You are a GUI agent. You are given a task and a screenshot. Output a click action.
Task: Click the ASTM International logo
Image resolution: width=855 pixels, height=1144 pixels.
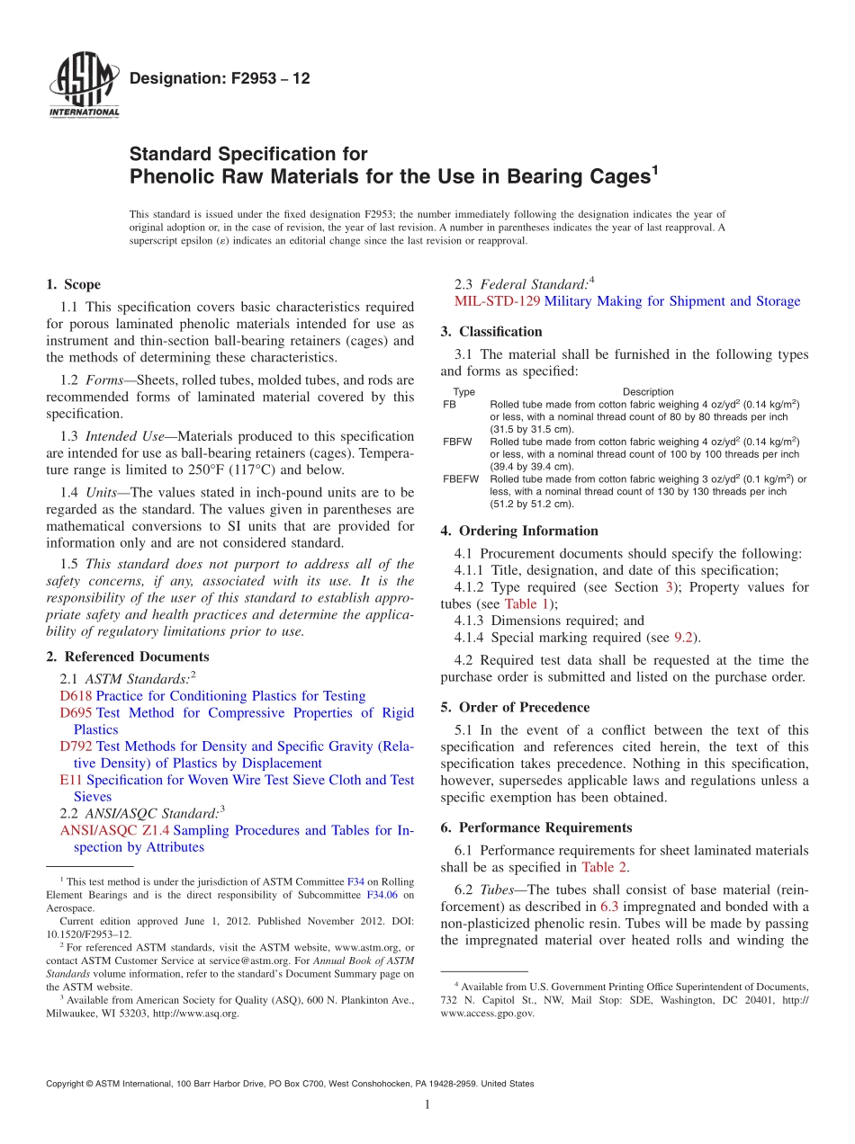[x=83, y=86]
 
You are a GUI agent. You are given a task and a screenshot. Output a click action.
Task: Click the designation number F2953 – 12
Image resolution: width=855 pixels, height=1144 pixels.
[x=220, y=79]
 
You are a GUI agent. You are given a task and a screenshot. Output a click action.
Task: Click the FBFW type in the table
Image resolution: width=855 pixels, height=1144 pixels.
[x=457, y=442]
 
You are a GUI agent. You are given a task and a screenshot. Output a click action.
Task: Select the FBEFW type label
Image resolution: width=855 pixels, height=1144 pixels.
[x=461, y=479]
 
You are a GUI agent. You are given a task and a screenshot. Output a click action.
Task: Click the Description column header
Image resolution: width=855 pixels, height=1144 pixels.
[x=648, y=392]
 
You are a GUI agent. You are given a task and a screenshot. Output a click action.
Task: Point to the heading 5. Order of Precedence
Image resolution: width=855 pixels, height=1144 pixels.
[x=515, y=707]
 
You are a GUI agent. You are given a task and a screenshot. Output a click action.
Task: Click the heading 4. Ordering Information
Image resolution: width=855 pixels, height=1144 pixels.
[x=519, y=531]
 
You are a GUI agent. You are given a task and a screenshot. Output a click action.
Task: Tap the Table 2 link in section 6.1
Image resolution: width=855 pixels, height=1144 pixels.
[x=604, y=867]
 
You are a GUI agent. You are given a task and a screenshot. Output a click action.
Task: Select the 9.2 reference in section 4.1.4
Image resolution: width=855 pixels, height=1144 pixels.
[x=683, y=638]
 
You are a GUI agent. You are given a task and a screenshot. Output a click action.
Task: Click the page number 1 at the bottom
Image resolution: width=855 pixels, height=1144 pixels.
[x=427, y=1105]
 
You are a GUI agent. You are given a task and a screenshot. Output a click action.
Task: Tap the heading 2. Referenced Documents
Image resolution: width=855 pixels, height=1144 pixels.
[x=127, y=657]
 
